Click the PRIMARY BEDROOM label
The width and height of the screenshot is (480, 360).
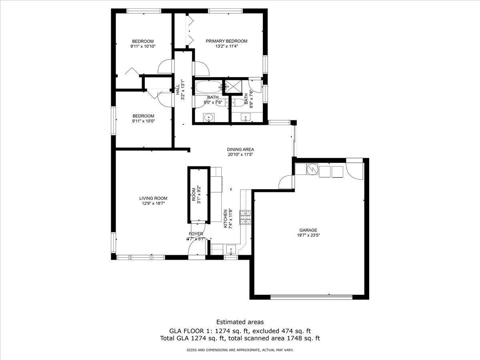[226, 41]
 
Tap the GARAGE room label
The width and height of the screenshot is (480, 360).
[308, 230]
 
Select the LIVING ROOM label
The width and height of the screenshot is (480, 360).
[153, 198]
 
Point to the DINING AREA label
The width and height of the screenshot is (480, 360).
[240, 150]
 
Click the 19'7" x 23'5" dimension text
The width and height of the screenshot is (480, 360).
[308, 235]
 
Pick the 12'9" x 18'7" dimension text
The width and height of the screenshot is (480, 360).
[153, 204]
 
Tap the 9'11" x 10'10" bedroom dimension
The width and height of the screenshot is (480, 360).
[143, 46]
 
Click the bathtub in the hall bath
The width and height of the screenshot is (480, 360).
[209, 87]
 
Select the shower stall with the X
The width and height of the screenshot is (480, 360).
[234, 86]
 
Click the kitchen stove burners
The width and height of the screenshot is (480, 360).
[246, 218]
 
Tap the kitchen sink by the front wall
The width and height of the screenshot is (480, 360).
[231, 249]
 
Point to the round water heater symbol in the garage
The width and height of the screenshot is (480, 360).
[312, 169]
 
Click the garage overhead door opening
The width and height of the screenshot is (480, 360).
[311, 297]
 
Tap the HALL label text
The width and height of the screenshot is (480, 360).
[178, 90]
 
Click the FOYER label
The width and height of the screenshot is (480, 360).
[196, 234]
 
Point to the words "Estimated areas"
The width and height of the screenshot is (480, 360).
[240, 328]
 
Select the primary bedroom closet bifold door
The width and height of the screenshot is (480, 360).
[190, 30]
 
